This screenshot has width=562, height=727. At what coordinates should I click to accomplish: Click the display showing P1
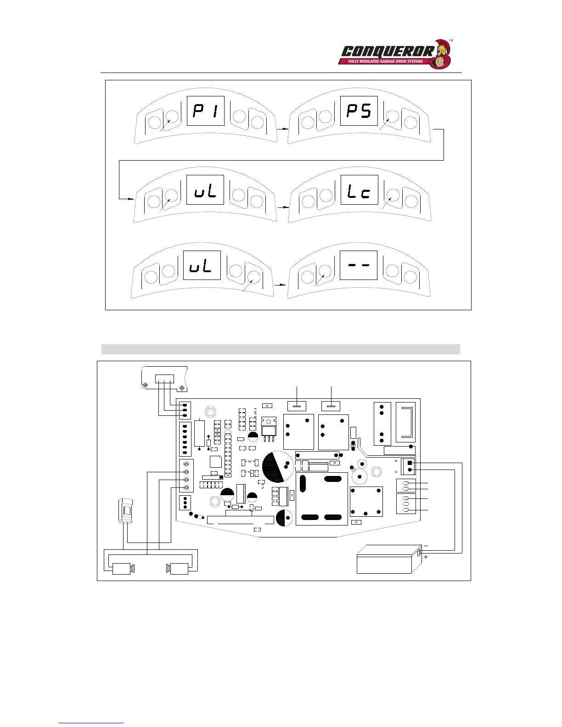(x=205, y=111)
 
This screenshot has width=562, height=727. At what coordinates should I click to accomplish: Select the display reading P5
(x=359, y=111)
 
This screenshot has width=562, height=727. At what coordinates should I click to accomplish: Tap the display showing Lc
(x=359, y=190)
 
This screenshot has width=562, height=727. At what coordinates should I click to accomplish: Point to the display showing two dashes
(x=358, y=265)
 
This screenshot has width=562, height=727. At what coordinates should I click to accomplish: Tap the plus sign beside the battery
(x=426, y=557)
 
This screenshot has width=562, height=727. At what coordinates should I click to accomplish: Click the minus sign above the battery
(x=426, y=546)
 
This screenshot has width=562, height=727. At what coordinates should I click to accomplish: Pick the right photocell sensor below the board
(x=179, y=569)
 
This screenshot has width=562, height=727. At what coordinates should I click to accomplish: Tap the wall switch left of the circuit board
(x=125, y=510)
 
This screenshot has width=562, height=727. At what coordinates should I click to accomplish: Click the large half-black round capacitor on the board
(x=277, y=467)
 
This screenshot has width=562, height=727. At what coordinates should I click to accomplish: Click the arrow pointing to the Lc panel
(x=283, y=207)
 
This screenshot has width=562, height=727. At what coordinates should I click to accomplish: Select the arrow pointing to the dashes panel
(x=280, y=285)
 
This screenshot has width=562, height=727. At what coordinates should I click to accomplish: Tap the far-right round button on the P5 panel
(x=411, y=123)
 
